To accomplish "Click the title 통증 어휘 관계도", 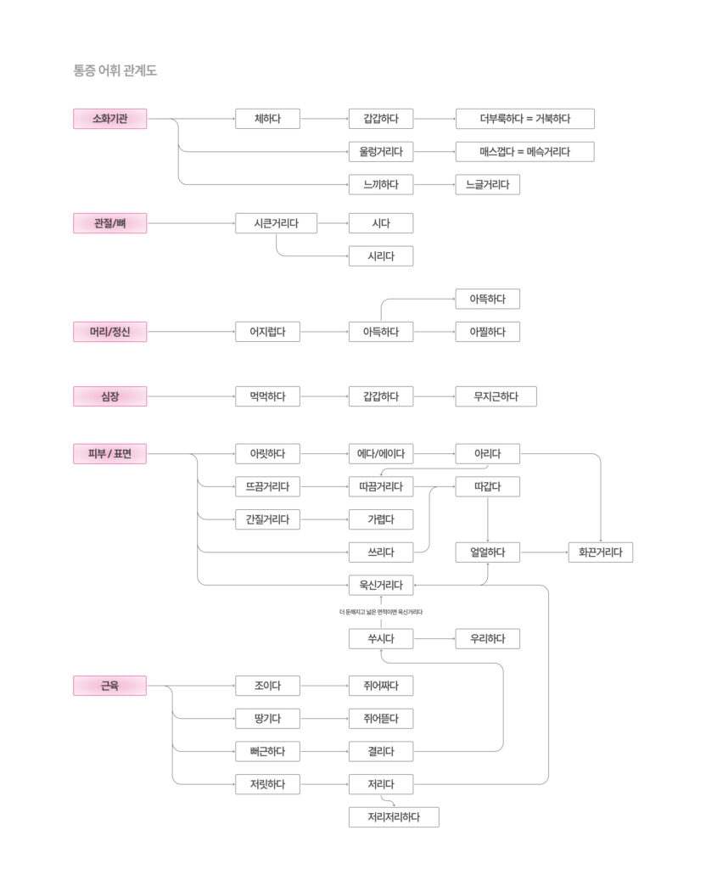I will coord(115,70).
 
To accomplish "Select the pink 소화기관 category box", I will coord(109,119).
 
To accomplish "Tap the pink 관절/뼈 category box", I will coord(109,224).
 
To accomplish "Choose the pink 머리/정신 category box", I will coord(109,332).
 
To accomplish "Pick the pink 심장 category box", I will coord(109,396).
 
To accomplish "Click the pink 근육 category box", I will coord(109,686).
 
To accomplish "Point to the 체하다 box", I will coord(267,119).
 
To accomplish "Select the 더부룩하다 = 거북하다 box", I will coord(524,119).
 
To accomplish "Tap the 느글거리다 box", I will coord(487,184).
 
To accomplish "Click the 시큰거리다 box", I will coord(276,224).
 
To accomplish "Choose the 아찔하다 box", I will coord(487,332).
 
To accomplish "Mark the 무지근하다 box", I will coord(496,396).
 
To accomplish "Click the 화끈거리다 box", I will coord(600,552).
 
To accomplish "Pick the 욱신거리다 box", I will coord(381,585).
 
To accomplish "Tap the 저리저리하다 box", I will coord(394,817).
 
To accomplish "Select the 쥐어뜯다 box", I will coord(381,719).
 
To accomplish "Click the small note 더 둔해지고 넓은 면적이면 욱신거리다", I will coord(381,612).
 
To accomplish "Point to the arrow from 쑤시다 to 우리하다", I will coord(434,638).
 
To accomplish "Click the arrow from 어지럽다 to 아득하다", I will coord(324,332).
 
